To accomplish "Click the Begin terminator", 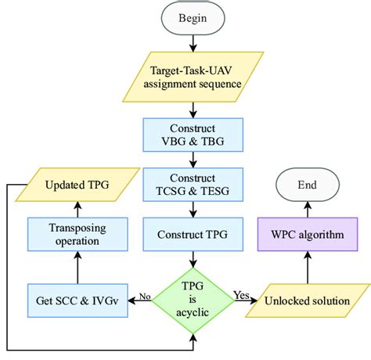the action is pos(193,18).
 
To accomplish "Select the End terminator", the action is pos(308,185).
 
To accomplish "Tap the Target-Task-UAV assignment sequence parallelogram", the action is pos(193,77).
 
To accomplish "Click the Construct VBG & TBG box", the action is pos(193,135).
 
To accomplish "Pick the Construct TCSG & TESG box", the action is pos(193,185).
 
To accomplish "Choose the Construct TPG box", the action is pos(193,235).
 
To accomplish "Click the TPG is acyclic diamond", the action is pos(193,301).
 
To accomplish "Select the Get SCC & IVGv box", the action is pos(77,301).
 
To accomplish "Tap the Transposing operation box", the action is pos(77,235).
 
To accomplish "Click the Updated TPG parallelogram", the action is pos(77,185).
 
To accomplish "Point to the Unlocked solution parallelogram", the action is pos(308,301).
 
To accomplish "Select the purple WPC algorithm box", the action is pos(308,235).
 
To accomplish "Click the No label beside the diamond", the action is pos(145,297).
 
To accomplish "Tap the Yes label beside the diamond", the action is pos(242,295).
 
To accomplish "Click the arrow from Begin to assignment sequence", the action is pos(193,43).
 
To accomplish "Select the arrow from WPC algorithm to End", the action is pos(308,210).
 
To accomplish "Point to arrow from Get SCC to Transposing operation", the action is pos(77,268).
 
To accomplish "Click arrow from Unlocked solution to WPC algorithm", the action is pos(308,268).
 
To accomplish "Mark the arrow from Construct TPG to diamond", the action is pos(193,260).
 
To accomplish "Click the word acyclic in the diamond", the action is pos(193,312).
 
